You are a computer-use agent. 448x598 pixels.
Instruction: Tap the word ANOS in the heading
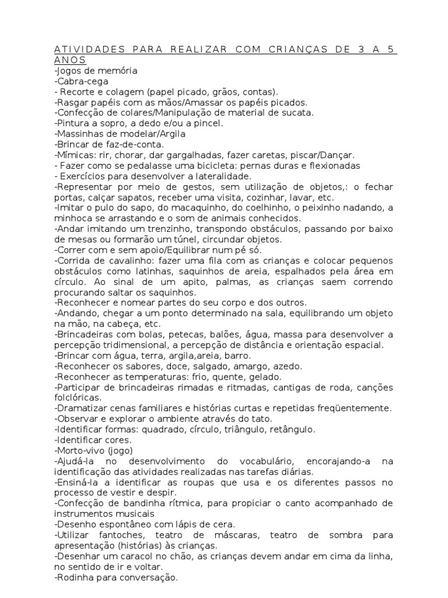[69, 60]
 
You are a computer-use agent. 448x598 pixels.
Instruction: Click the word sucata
[283, 113]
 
